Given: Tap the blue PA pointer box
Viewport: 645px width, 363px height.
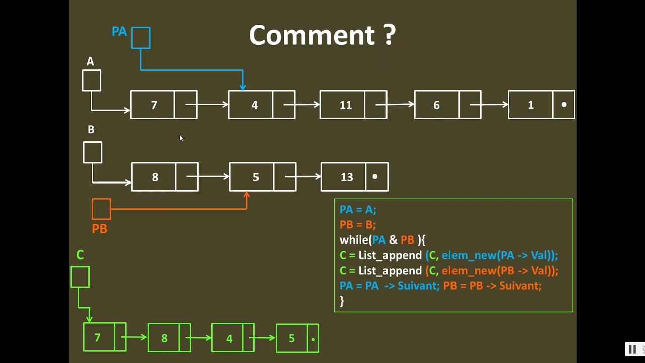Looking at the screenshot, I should point(141,38).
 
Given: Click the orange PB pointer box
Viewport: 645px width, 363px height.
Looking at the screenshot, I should point(101,209).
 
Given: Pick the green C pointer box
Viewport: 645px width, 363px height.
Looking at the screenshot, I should point(80,277).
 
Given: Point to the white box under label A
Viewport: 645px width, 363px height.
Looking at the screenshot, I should point(91,81).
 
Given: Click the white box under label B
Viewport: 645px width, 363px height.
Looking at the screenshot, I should point(92,152).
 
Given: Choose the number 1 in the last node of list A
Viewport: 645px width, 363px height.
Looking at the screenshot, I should point(531,105).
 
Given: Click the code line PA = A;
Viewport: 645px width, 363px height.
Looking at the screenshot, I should point(358,209).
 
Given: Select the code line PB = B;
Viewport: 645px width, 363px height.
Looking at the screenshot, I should point(358,224).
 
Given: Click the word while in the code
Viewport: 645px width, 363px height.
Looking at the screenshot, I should point(354,240).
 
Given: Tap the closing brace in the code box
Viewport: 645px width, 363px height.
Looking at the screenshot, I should point(342,301).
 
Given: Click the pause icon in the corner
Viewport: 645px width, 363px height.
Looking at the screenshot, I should point(632,349).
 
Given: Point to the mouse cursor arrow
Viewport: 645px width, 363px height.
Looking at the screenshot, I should point(181,138).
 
